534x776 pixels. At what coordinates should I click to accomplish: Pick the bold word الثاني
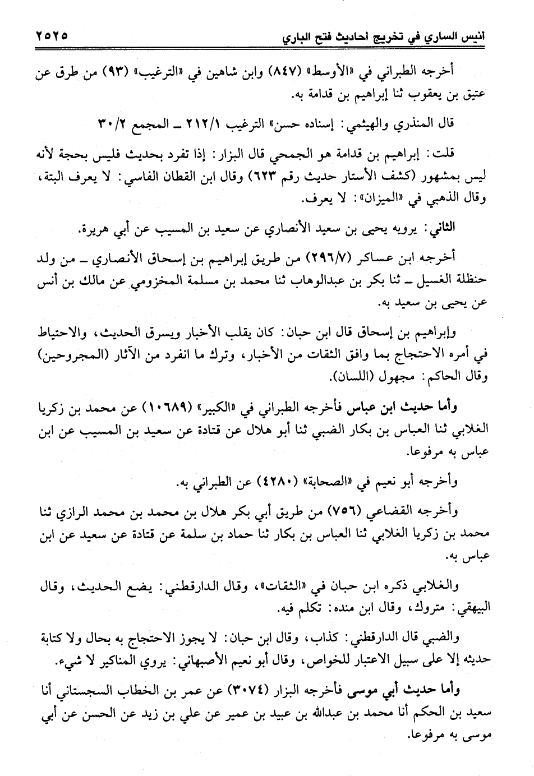coord(440,228)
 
